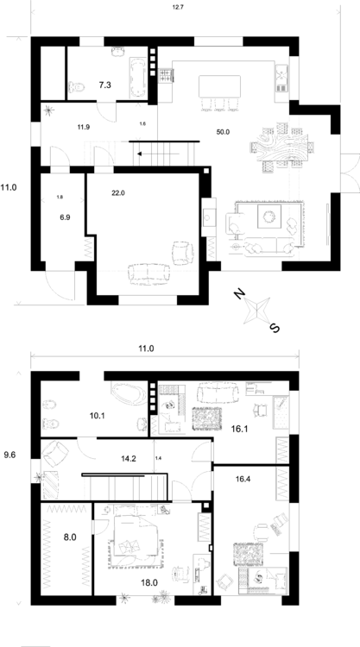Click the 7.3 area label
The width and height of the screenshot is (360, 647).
104,85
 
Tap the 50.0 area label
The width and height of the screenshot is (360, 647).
223,132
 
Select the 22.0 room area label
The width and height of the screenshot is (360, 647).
118,192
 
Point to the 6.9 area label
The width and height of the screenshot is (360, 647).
65,217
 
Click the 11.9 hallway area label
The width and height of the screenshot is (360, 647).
84,127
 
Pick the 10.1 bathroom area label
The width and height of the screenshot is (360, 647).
97,416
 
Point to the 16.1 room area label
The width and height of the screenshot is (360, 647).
238,429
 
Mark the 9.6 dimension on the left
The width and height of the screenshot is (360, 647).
10,455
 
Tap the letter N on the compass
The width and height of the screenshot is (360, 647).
239,294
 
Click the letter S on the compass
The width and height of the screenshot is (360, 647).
275,328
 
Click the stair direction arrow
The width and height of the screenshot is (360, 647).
158,154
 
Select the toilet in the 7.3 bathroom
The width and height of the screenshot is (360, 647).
77,87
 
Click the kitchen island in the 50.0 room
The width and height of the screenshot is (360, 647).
219,85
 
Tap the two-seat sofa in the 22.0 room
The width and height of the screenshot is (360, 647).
149,273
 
